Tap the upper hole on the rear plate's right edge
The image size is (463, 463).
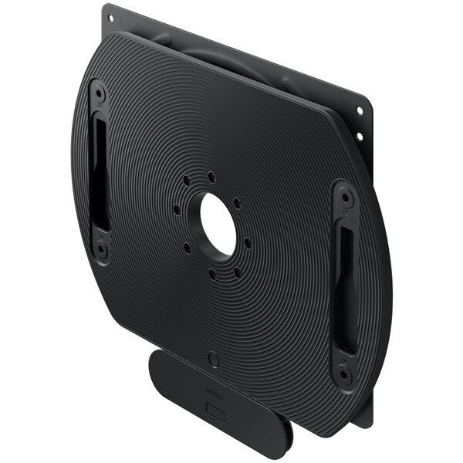pyautogui.click(x=360, y=111)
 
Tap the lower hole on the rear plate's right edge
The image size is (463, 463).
pyautogui.click(x=360, y=137)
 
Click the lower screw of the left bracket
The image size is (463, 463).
pyautogui.click(x=101, y=248)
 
